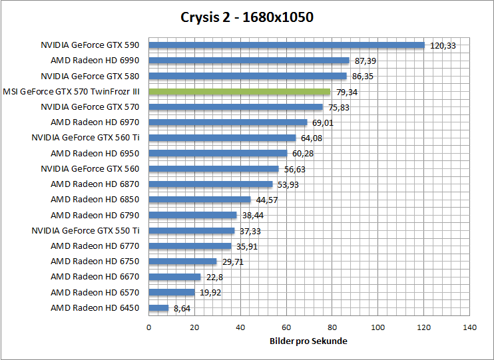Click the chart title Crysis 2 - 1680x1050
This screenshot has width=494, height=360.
point(247,17)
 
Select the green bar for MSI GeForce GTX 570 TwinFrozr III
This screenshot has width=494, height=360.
point(239,91)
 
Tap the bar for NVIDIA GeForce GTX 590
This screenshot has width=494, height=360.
point(286,45)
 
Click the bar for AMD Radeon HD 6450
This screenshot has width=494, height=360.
point(158,307)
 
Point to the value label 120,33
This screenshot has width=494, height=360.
point(443,46)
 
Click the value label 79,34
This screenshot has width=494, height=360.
point(348,92)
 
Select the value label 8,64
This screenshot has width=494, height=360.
point(182,308)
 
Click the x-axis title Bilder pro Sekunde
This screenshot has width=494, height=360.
point(309,341)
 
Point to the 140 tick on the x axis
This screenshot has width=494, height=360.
point(470,327)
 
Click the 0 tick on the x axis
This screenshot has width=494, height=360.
point(148,327)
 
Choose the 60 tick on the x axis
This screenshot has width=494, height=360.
point(286,327)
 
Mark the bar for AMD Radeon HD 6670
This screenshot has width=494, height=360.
point(174,277)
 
